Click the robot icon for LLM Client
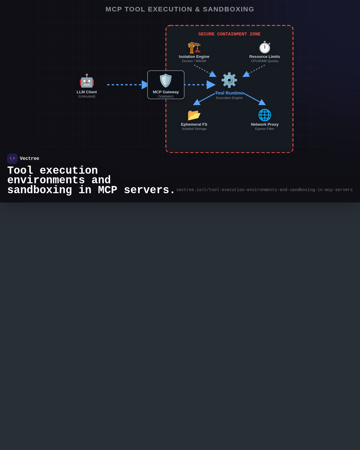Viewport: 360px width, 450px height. coord(87,81)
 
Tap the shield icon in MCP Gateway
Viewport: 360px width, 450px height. coord(166,81)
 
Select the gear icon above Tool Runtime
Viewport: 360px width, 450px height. coord(229,80)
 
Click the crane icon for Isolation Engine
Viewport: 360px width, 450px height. coord(194,47)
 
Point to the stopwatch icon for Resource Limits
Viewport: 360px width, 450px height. coord(265,47)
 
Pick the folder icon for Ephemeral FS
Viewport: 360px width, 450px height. coord(194,115)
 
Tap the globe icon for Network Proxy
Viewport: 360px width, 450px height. coord(265,115)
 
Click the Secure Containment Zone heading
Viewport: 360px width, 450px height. coord(229,34)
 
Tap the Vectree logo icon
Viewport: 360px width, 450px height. coord(12,159)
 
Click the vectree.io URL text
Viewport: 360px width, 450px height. coord(264,190)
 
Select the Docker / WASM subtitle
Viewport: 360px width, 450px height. coord(194,61)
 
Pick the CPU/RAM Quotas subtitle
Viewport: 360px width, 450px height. coord(265,61)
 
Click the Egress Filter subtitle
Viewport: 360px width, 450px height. coord(265,129)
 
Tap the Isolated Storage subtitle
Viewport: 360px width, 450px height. coord(194,129)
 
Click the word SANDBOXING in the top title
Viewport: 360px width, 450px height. coord(228,9)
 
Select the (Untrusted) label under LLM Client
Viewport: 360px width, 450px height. coord(87,96)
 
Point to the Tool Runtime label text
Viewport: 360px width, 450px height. coord(229,93)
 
